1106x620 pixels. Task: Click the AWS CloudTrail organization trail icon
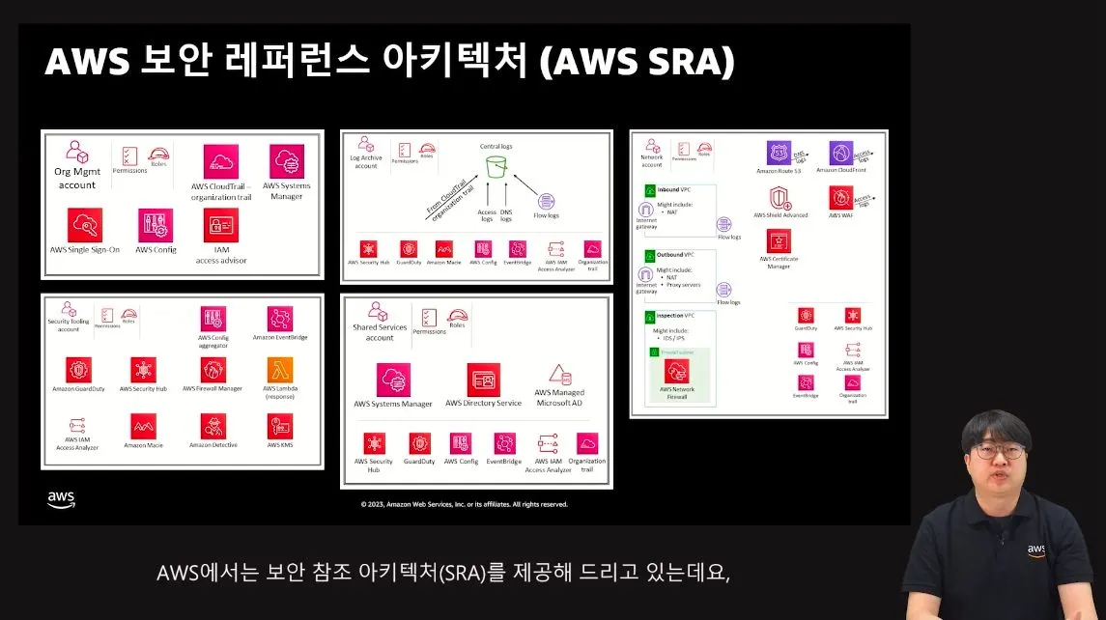coord(220,161)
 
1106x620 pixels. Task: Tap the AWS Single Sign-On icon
coord(85,225)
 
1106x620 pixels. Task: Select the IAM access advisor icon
coord(220,225)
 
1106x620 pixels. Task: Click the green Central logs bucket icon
coord(496,166)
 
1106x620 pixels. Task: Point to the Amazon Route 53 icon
coord(779,153)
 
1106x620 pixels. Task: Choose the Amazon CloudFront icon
coord(840,153)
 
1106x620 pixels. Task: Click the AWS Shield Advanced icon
coord(780,198)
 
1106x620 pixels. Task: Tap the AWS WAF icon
coord(840,198)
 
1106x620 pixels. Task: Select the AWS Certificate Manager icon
coord(780,240)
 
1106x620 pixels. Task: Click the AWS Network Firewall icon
coord(676,372)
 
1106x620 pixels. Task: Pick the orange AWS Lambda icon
coord(279,369)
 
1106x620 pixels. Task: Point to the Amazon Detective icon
coord(213,426)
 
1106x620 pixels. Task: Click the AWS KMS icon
coord(280,426)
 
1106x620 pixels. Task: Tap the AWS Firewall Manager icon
coord(213,369)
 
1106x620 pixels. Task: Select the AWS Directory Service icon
coord(483,380)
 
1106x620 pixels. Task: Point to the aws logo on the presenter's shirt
coord(1035,550)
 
